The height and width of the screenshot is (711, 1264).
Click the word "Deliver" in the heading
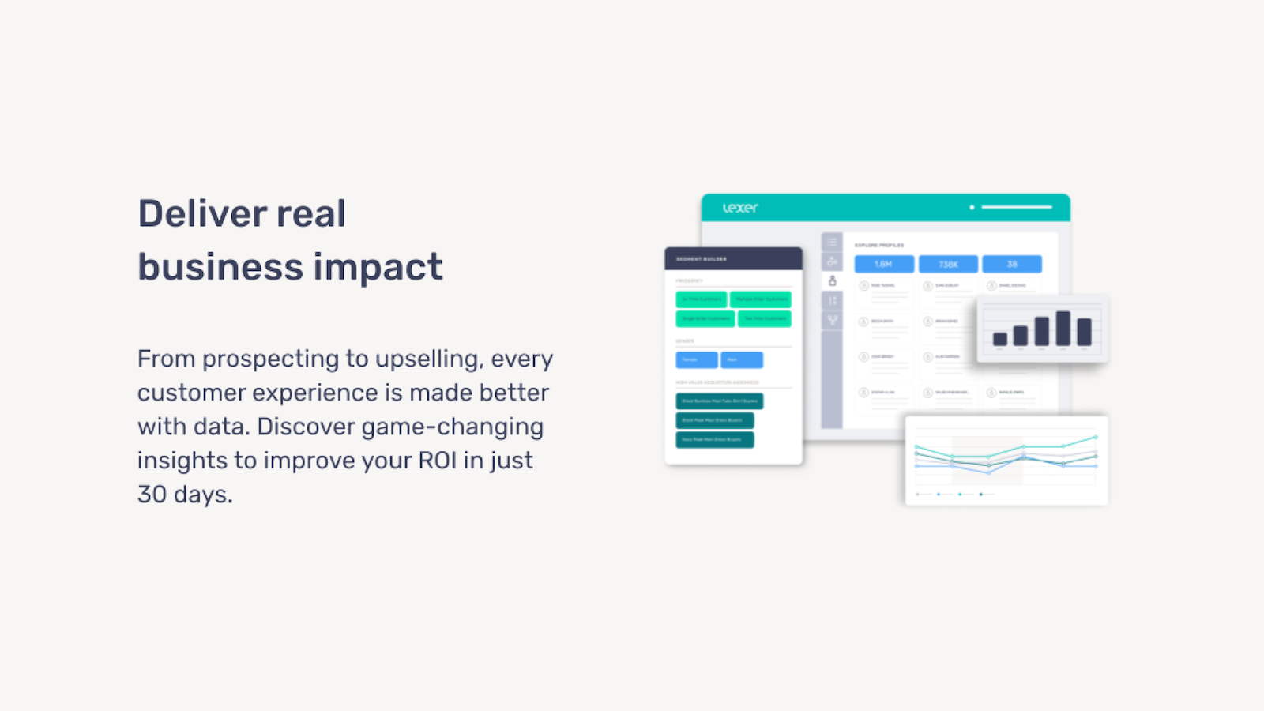pos(190,213)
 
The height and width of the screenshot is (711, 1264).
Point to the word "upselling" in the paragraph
pos(427,359)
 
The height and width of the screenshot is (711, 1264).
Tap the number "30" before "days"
pos(152,495)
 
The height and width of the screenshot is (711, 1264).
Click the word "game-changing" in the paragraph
pos(452,427)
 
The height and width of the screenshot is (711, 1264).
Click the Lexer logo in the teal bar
pos(740,208)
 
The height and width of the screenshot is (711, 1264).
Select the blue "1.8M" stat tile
pos(884,264)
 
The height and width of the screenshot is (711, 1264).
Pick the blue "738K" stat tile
pos(948,264)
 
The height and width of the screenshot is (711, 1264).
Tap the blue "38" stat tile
pos(1012,264)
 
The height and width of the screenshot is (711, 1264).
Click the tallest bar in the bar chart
pos(1063,327)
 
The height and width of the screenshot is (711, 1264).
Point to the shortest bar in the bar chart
pos(1000,339)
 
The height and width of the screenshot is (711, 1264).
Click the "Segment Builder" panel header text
pos(702,259)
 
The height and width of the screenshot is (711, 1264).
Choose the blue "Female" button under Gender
pos(696,360)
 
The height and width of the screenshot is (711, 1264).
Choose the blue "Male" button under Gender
pos(741,360)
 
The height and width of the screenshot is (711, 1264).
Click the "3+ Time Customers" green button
pos(701,299)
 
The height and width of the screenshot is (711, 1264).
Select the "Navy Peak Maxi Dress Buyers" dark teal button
pos(714,439)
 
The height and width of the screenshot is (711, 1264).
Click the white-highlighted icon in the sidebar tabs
pos(832,280)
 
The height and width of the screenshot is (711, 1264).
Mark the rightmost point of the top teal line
pos(1095,437)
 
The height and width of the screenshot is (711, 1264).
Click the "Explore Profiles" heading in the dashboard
pos(879,245)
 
